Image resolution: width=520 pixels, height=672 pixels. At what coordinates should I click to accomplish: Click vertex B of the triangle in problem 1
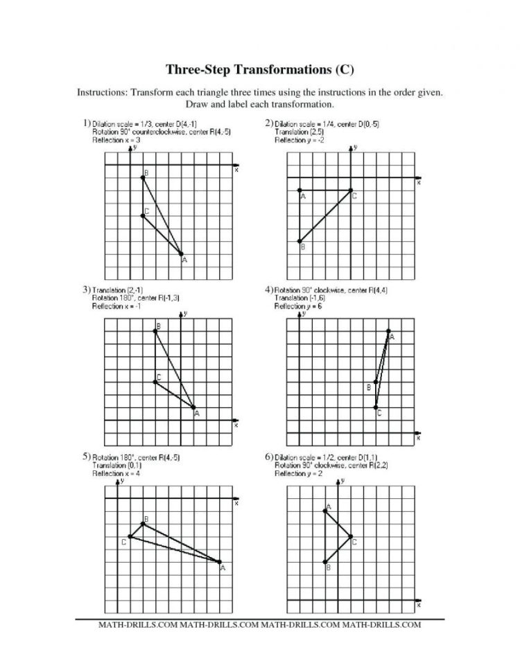tap(142, 177)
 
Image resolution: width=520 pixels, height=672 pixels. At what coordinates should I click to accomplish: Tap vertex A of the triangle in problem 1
tap(181, 254)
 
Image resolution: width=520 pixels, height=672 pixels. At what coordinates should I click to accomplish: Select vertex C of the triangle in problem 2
tap(351, 191)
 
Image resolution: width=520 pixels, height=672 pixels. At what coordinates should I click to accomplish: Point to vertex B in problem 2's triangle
tap(300, 242)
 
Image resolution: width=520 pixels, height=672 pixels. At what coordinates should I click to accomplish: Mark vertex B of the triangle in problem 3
tap(155, 331)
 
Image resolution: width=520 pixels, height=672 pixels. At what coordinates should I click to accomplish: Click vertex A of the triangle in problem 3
tap(193, 407)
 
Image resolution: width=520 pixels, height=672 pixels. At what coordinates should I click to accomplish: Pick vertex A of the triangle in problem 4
tap(388, 331)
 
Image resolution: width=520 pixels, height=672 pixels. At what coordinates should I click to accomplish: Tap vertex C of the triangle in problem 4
tap(376, 407)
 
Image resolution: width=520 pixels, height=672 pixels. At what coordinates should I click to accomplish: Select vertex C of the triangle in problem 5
tap(130, 537)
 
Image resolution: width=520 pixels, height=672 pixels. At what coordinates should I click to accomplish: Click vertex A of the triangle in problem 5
tap(220, 562)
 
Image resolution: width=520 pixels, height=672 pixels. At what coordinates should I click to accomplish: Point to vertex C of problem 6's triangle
tap(350, 537)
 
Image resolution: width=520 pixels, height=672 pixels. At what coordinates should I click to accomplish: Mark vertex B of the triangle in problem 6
tap(324, 562)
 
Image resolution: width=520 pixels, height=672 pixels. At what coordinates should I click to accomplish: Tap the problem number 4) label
tap(269, 290)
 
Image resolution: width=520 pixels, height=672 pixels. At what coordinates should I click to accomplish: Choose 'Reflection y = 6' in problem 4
tap(299, 306)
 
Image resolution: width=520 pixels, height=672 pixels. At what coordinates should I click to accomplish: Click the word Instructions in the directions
tap(101, 91)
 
